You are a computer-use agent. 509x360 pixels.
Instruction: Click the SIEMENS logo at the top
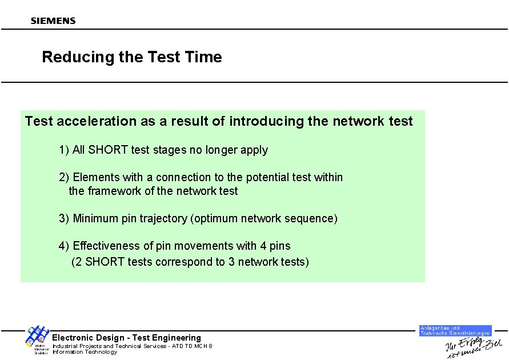click(x=53, y=21)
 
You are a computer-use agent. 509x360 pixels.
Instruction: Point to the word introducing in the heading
click(x=266, y=121)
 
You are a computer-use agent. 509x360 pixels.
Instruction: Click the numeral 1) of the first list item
click(x=63, y=150)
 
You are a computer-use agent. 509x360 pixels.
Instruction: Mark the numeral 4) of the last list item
click(x=63, y=246)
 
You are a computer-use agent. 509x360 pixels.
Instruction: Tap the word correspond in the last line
click(x=187, y=262)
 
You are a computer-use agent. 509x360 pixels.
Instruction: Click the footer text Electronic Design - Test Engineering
click(x=126, y=338)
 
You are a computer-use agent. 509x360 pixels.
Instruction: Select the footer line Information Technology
click(x=85, y=352)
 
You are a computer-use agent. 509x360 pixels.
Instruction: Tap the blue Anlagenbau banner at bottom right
click(x=455, y=330)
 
